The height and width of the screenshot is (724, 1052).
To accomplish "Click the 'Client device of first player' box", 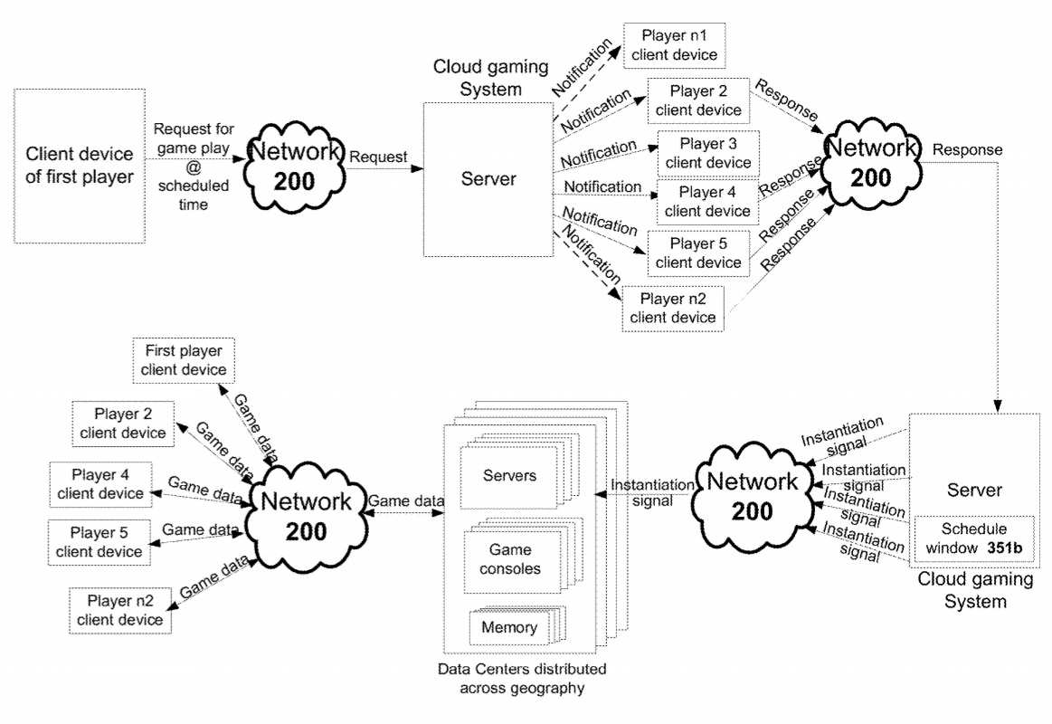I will (81, 165).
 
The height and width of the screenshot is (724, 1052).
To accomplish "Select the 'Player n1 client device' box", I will (675, 45).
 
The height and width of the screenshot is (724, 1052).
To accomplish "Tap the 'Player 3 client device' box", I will (708, 153).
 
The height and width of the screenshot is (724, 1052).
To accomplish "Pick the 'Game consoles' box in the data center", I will (511, 559).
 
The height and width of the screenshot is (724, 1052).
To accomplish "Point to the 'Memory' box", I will (508, 627).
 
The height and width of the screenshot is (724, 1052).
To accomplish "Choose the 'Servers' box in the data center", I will (509, 476).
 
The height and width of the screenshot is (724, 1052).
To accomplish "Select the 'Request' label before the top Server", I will (378, 156).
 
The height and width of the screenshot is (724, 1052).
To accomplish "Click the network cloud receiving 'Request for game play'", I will (296, 167).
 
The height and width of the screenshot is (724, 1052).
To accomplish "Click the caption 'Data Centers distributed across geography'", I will (521, 679).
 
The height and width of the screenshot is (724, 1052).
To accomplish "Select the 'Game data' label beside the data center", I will (405, 500).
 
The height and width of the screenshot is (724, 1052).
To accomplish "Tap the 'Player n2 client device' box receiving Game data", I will (119, 610).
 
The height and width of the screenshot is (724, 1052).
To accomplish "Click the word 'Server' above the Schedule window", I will (972, 490).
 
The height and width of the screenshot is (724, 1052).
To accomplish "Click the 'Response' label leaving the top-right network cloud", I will (967, 148).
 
